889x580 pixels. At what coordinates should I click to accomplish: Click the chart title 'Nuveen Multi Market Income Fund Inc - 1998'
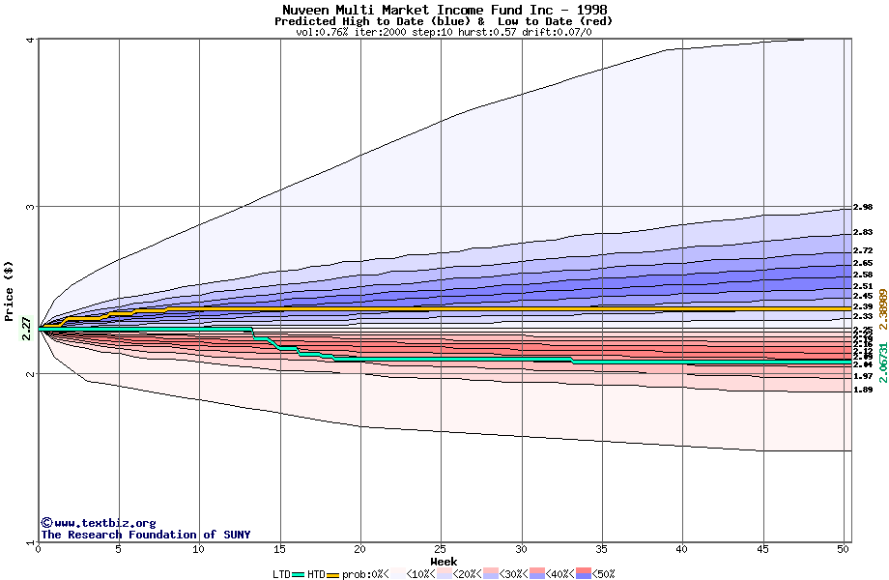[444, 10]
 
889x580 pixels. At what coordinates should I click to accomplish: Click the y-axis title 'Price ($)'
[10, 291]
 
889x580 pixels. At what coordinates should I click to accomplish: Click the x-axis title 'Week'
[444, 562]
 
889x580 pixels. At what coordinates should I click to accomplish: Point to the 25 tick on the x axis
[441, 549]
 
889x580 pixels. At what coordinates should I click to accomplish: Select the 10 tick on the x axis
[199, 549]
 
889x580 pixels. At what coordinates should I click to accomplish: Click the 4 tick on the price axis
[31, 40]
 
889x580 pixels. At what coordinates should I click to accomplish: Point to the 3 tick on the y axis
[31, 207]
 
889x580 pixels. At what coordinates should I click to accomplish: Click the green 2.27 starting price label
[26, 330]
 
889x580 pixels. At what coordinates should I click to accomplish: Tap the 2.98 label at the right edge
[863, 207]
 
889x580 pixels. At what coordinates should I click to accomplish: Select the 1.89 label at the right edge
[863, 390]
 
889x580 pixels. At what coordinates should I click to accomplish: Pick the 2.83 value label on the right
[863, 232]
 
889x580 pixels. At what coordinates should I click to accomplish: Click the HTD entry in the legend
[316, 573]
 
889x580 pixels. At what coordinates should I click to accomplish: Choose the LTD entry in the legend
[281, 573]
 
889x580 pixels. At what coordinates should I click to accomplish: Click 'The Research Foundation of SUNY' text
[145, 535]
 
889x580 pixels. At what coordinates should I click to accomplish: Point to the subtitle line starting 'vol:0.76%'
[444, 32]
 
